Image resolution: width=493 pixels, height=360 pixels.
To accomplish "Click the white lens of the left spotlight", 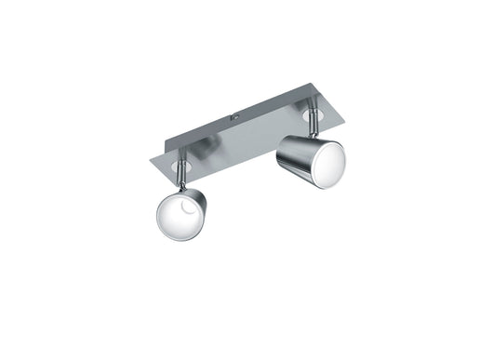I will pos(178,218).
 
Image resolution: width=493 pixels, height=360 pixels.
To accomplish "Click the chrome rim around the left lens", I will pos(158,229).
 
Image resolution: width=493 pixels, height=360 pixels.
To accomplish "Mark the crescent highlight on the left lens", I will pos(187,217).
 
